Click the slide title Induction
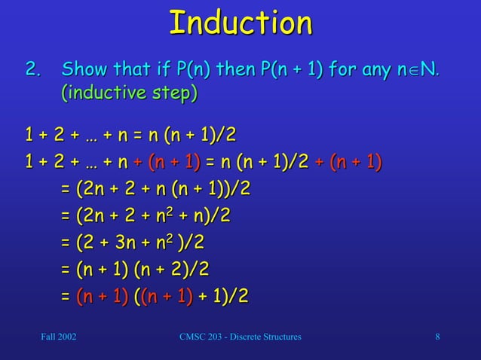(x=240, y=24)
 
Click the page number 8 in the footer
(x=437, y=336)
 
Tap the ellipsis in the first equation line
(x=94, y=136)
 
